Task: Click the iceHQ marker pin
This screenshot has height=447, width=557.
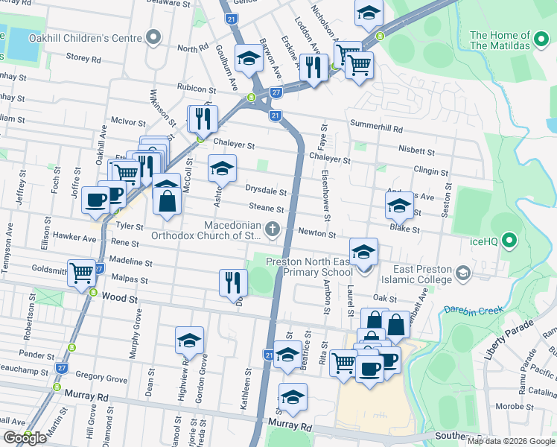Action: click(x=509, y=240)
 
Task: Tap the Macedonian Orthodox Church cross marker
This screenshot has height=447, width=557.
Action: click(x=273, y=229)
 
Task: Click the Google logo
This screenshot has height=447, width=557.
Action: click(x=25, y=438)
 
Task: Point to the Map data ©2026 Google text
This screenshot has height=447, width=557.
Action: click(x=510, y=441)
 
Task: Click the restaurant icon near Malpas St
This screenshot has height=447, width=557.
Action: click(x=233, y=282)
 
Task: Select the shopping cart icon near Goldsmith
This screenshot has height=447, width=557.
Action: click(x=81, y=272)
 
